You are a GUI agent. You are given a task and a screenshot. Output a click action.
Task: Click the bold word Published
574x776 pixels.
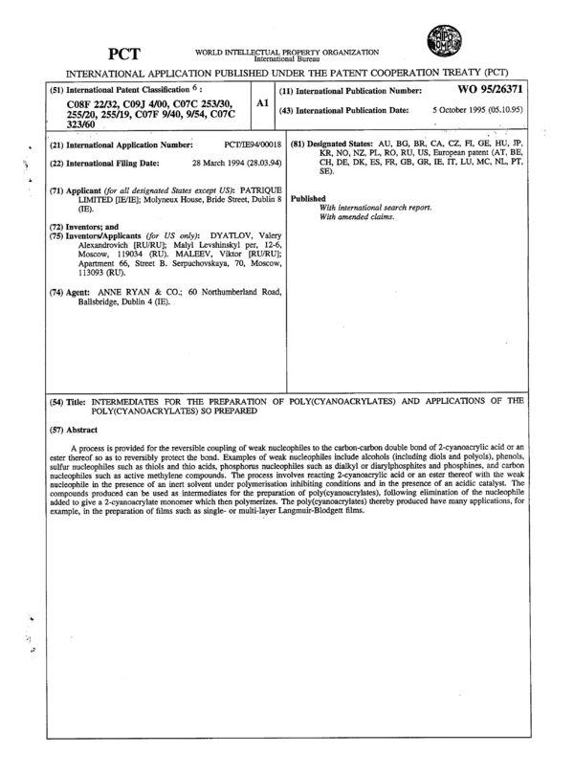[308, 198]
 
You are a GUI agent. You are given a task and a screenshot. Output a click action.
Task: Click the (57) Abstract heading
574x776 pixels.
[73, 429]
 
